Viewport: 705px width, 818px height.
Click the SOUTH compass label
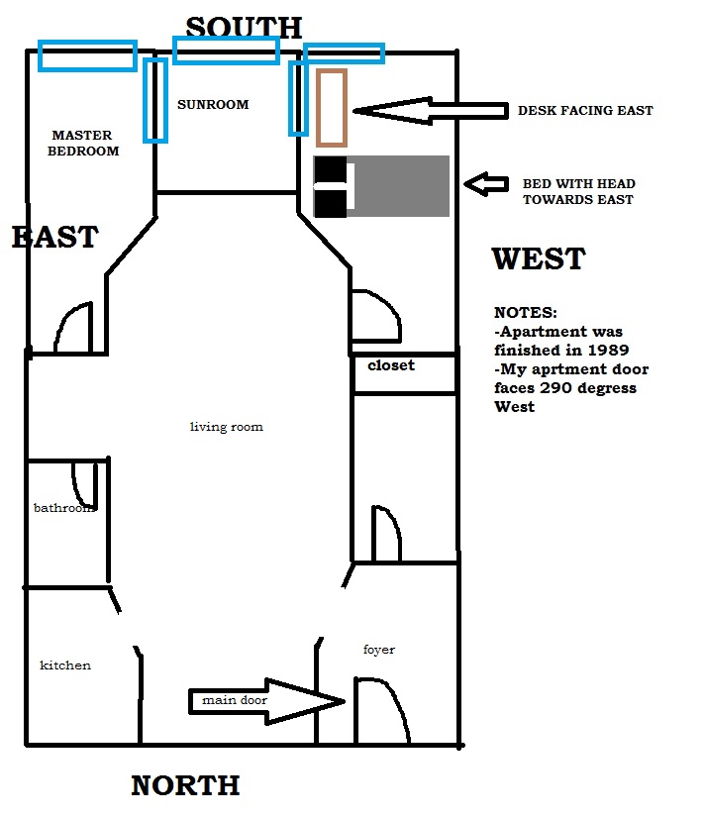click(244, 28)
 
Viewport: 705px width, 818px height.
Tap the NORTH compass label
click(185, 785)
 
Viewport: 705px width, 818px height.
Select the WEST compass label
click(539, 258)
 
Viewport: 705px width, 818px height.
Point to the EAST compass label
click(54, 237)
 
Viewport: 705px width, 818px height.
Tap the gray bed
click(381, 186)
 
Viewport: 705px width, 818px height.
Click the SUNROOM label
click(213, 104)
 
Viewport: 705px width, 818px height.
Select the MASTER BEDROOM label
click(83, 143)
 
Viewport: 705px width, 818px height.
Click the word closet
click(391, 365)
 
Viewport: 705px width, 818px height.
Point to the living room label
click(227, 427)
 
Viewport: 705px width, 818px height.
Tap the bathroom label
click(64, 508)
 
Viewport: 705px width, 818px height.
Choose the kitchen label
click(65, 665)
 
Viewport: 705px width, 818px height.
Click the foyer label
click(379, 650)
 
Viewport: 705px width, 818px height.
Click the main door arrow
click(266, 701)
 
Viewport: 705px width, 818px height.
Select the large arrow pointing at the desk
click(430, 111)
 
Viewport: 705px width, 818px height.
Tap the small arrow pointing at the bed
click(486, 184)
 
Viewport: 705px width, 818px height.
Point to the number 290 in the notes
click(555, 388)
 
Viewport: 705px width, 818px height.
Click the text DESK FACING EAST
click(585, 111)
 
